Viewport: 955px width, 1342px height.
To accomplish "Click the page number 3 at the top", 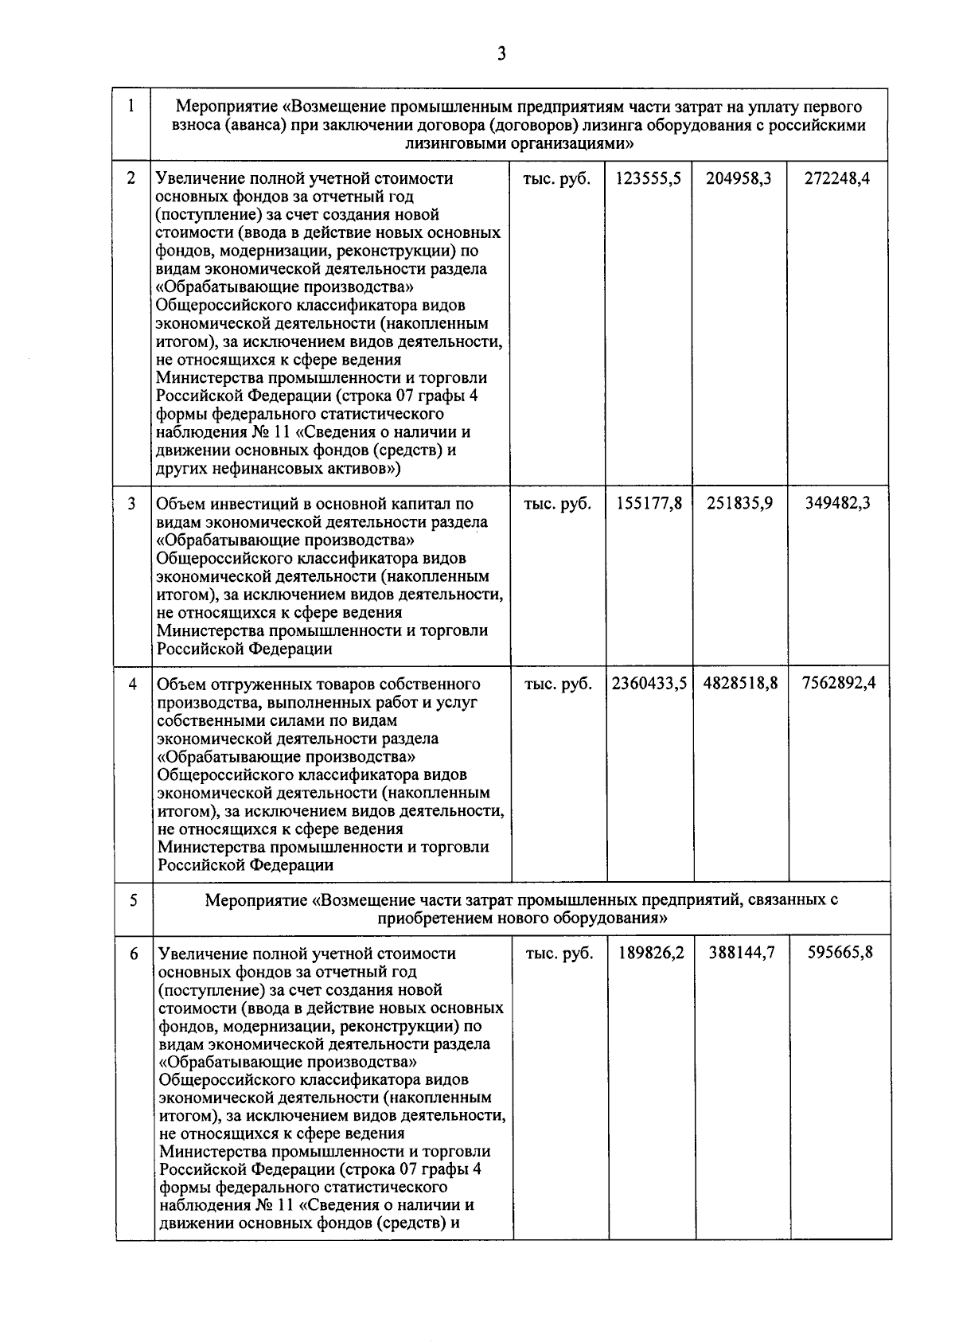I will [501, 54].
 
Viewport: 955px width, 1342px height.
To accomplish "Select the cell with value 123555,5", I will [648, 179].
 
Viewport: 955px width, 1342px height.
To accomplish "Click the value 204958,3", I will [739, 179].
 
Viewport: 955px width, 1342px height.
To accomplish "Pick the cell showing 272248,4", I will [837, 179].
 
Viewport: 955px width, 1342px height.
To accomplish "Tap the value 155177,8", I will [649, 505].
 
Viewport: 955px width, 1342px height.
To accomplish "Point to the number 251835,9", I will [740, 505].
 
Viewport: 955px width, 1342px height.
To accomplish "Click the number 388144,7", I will [742, 954].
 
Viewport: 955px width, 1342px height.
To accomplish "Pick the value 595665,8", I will [840, 954].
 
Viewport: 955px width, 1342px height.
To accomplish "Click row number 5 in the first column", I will [133, 901].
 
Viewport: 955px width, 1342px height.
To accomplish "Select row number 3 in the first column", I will [132, 505].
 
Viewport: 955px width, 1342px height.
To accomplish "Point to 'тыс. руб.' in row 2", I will [557, 179].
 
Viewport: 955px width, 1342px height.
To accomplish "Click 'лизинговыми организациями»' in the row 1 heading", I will [519, 144].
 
